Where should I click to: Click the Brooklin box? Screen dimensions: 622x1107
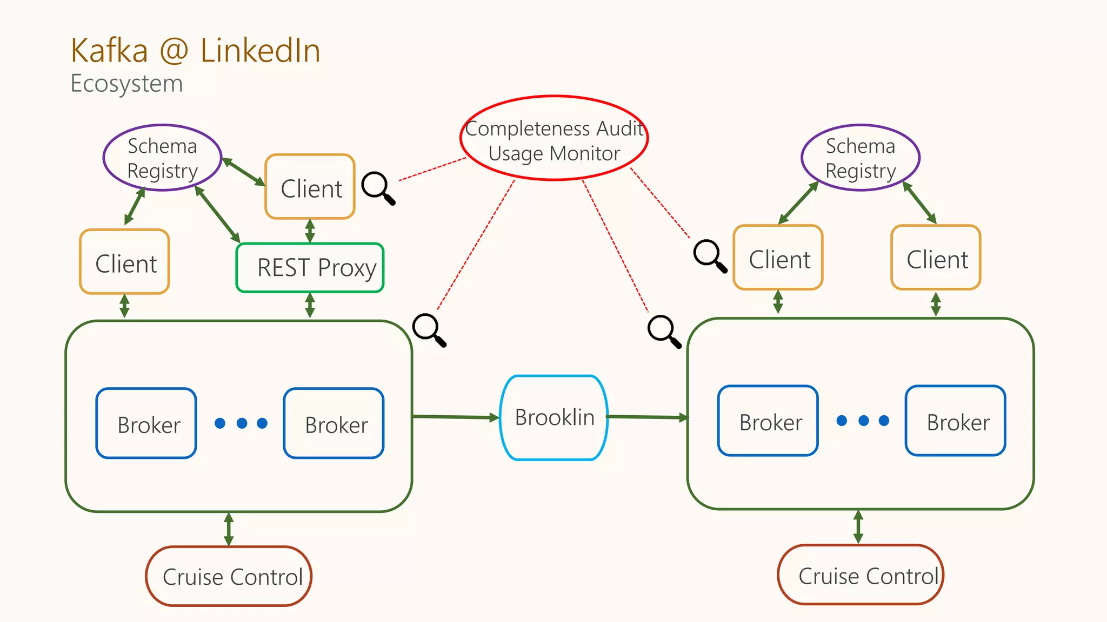click(x=554, y=417)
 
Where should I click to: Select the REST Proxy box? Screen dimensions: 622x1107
click(x=310, y=268)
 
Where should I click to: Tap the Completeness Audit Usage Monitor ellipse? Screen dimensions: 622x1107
click(x=554, y=138)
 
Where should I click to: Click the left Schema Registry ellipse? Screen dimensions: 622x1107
click(x=162, y=158)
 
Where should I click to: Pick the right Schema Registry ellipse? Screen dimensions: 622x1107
click(x=861, y=158)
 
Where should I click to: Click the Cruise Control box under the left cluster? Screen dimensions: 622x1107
click(x=229, y=576)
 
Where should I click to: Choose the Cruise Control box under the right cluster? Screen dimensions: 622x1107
click(x=861, y=575)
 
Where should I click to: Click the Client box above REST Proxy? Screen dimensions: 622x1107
click(x=310, y=187)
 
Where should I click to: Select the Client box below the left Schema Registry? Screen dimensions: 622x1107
click(x=125, y=262)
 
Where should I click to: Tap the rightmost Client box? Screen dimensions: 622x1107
click(x=936, y=258)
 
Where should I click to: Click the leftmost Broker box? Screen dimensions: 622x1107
click(x=146, y=423)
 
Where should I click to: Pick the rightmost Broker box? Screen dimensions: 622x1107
click(x=955, y=421)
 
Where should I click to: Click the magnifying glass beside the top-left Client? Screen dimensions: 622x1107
click(x=378, y=188)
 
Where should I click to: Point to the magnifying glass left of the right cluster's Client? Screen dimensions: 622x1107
click(x=710, y=255)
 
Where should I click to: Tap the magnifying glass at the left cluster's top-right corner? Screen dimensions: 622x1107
click(x=429, y=329)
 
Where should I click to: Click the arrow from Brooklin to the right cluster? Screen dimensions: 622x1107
click(x=647, y=417)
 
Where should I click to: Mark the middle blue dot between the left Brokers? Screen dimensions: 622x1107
click(x=242, y=423)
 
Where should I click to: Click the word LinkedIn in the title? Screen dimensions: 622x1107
click(x=260, y=51)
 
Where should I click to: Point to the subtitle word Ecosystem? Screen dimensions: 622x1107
click(x=126, y=84)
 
